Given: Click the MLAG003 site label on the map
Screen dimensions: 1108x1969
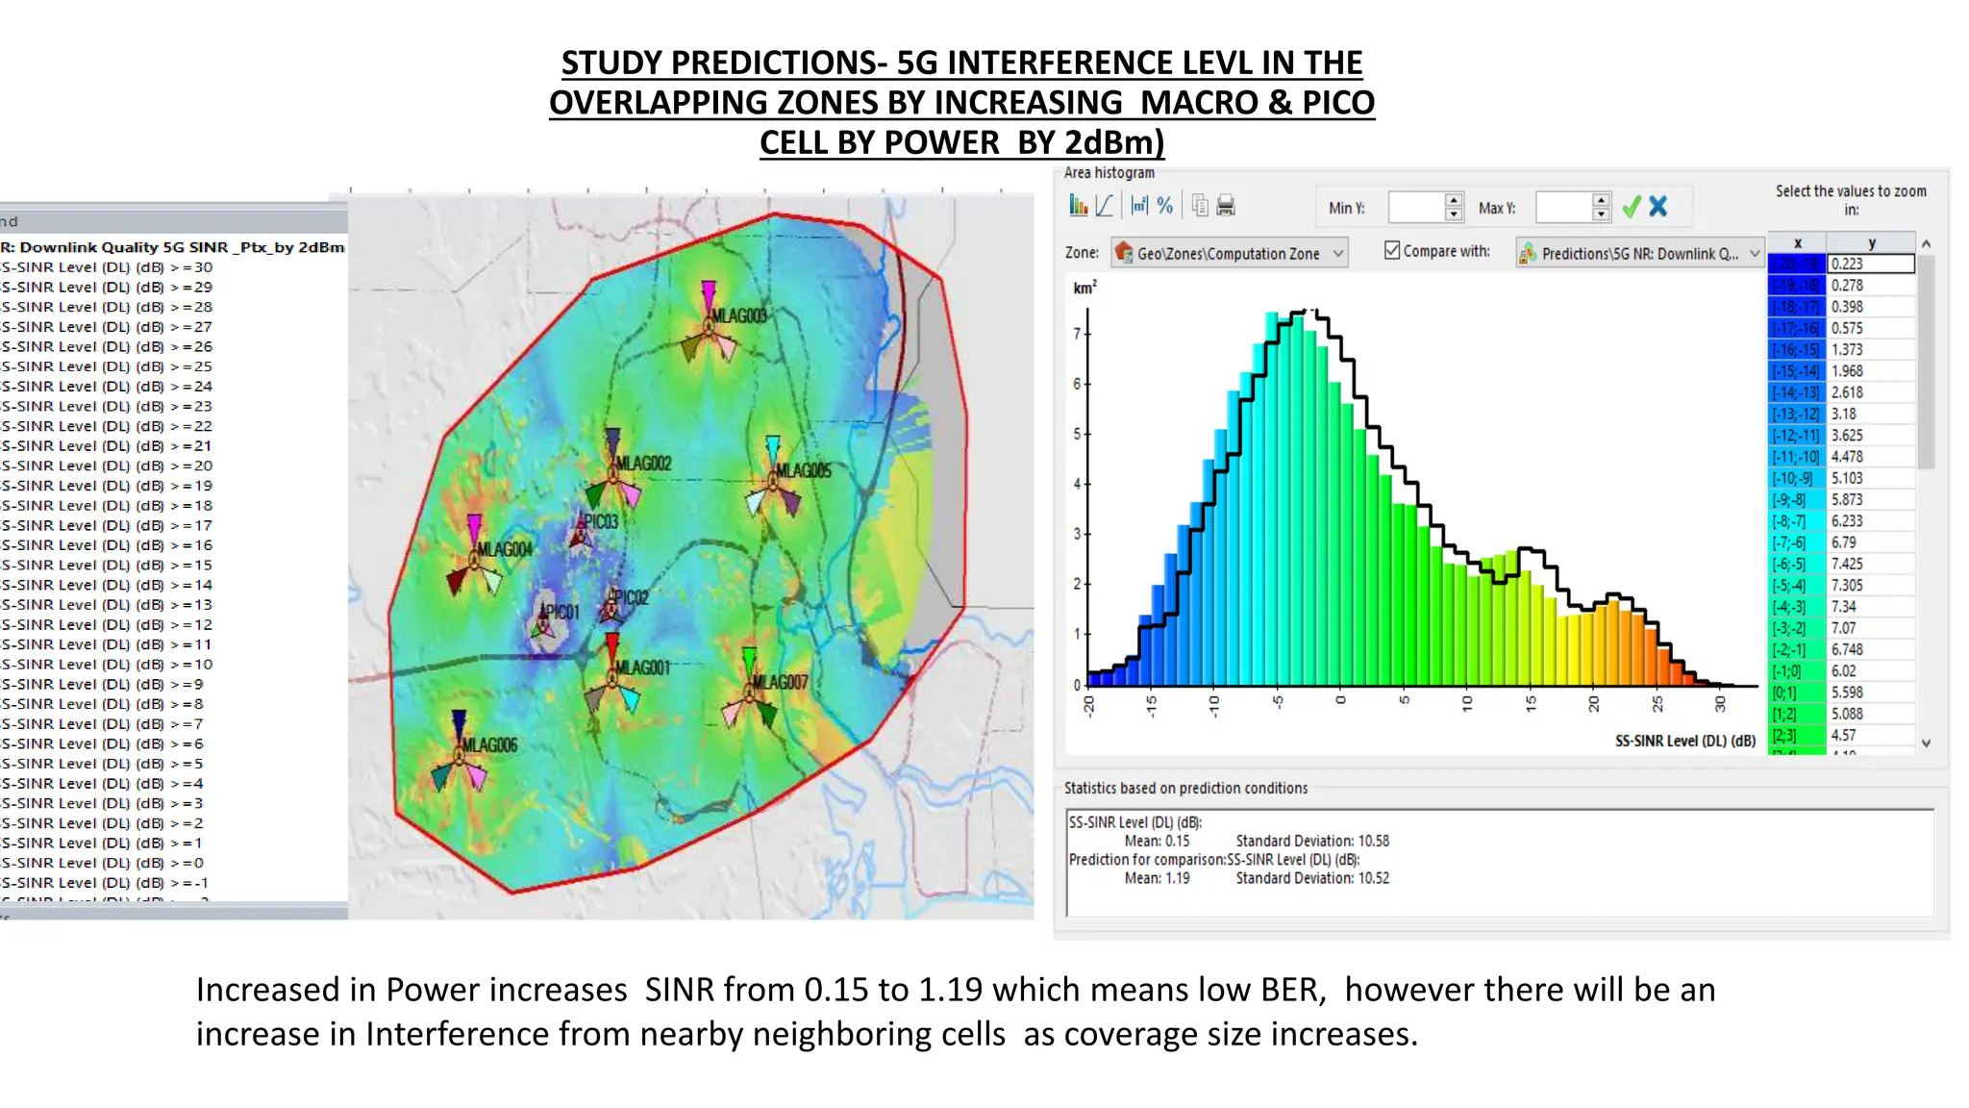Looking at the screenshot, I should (738, 315).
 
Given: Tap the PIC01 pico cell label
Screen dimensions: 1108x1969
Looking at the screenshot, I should (562, 612).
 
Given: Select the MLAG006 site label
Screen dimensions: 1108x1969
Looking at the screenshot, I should (489, 744).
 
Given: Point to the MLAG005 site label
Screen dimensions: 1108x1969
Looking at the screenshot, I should (803, 470).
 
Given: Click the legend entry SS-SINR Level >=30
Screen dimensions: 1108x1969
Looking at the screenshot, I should (106, 267).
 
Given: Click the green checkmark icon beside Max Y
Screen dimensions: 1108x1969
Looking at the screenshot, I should (1632, 207).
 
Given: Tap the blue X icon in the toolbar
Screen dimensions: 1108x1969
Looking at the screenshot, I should (1658, 207).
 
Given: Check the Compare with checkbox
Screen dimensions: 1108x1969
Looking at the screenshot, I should (1392, 250).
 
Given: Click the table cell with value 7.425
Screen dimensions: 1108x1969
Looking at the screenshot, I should (1847, 564).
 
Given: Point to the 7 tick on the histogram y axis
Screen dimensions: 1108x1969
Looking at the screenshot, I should (1077, 334).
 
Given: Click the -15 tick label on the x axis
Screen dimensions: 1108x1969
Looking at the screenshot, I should (1151, 705).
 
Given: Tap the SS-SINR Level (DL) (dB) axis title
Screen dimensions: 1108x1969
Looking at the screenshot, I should (1684, 741).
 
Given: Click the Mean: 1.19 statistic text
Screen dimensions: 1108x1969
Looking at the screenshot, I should (1157, 878).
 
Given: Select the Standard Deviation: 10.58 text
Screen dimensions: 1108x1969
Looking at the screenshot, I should (1312, 841).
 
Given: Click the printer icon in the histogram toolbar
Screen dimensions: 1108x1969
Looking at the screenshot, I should (1226, 205).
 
